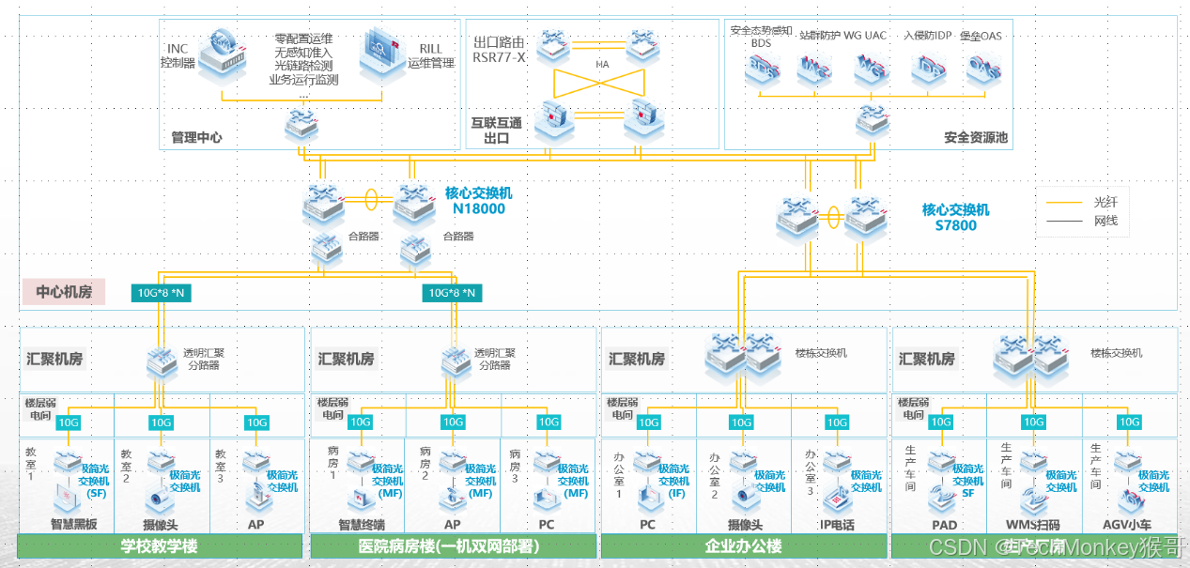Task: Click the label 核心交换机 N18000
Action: (x=479, y=201)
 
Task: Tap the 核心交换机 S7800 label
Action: (x=955, y=218)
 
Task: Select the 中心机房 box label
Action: (x=64, y=292)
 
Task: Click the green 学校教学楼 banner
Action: (x=160, y=546)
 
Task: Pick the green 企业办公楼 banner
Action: (x=743, y=546)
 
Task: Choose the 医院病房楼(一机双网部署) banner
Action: (x=450, y=546)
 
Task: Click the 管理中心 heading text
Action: (x=196, y=137)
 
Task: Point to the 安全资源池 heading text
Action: (x=975, y=138)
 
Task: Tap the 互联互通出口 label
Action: (x=489, y=130)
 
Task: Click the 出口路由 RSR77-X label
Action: (x=499, y=50)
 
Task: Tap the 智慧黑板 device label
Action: (x=74, y=524)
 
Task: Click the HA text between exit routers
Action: (x=602, y=65)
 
